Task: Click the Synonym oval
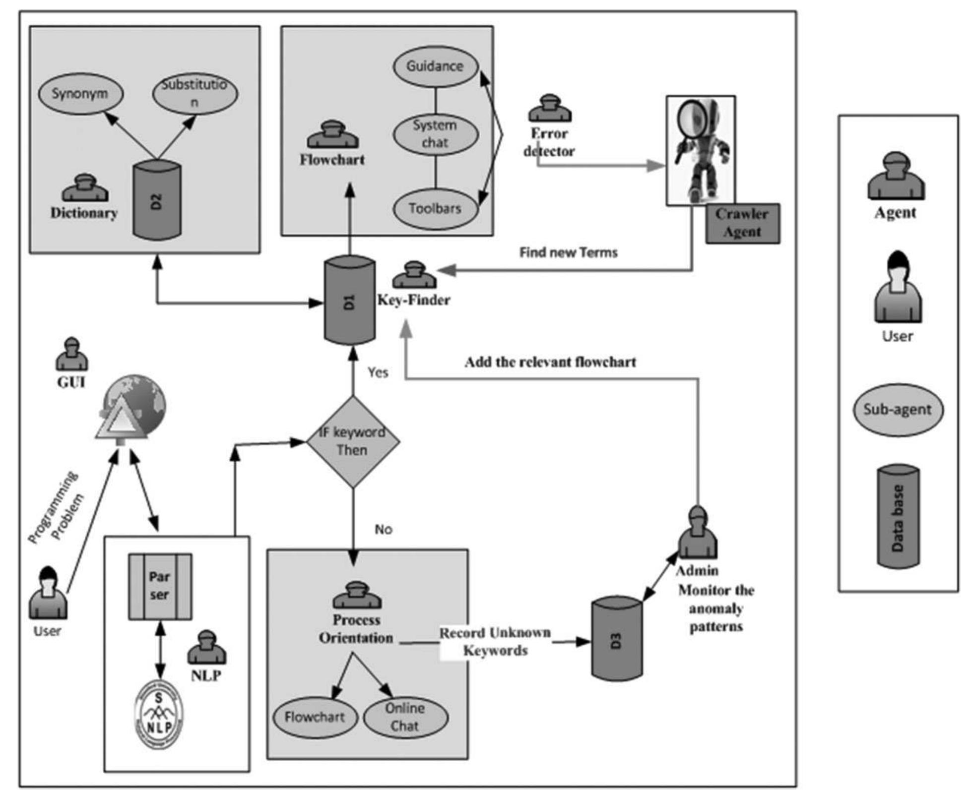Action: [80, 94]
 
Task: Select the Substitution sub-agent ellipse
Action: [194, 93]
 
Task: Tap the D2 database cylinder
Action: [157, 201]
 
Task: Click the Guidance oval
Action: [435, 66]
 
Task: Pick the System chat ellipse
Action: [435, 134]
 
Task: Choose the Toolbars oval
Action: [435, 209]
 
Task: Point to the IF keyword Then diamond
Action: [353, 441]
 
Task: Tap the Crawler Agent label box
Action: [742, 224]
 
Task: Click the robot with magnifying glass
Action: [700, 150]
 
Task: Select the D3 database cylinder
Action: [617, 639]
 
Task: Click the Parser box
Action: [160, 587]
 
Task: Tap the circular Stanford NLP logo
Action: [159, 714]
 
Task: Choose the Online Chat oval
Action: [405, 717]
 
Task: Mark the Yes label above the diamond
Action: [378, 372]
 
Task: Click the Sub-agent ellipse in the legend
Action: [898, 410]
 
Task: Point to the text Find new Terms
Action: [568, 252]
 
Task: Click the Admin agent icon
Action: [697, 533]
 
